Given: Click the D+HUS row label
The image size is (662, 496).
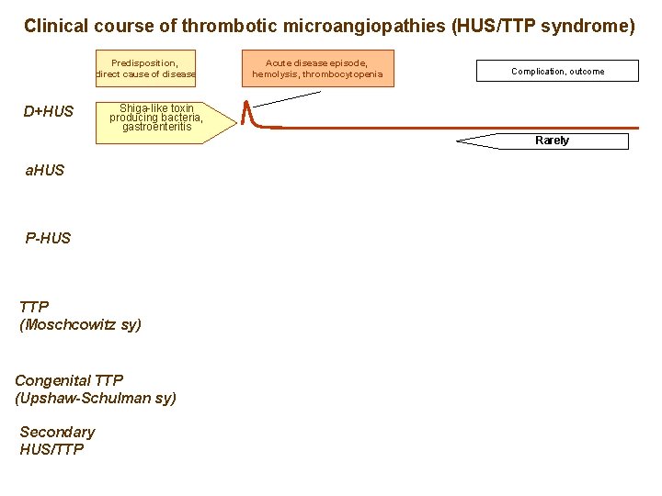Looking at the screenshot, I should point(49,112).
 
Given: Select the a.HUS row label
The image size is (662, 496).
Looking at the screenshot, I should point(45,170).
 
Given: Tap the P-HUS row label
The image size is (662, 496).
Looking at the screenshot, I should point(48,238).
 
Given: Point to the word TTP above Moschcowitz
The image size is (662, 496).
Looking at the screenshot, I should point(34,307).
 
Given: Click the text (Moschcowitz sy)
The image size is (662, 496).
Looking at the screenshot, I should point(81,324).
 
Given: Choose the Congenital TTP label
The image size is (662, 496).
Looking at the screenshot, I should point(69,380).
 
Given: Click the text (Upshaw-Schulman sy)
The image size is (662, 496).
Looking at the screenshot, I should point(96,398).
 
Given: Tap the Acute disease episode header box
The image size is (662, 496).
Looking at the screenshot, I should point(317,68).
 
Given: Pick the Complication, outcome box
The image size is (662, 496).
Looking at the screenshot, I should point(557,71).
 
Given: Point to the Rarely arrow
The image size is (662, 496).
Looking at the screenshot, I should point(543,141).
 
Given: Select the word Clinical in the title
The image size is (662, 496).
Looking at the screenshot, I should point(54,26).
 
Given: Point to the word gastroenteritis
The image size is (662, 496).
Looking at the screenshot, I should point(157,127).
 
